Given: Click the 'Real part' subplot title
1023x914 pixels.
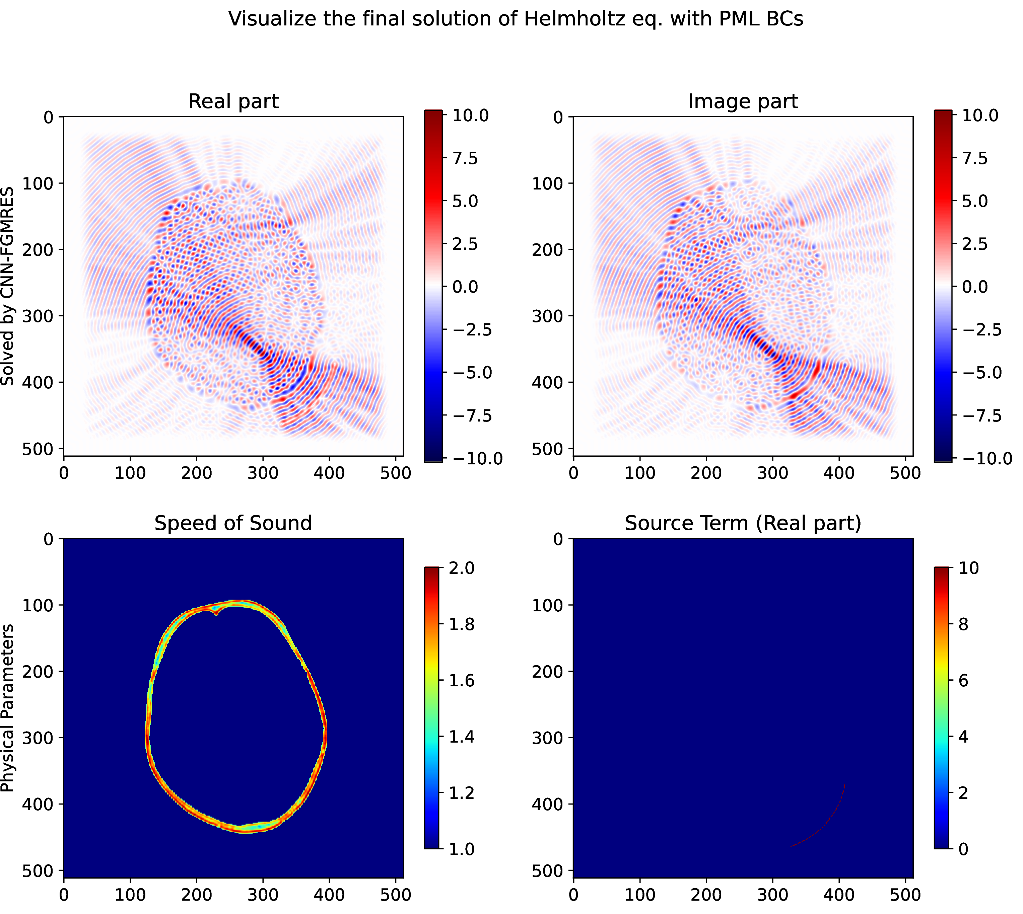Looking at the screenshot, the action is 233,101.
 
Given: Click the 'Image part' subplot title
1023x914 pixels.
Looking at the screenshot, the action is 743,101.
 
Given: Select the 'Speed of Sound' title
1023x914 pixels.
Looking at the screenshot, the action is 233,523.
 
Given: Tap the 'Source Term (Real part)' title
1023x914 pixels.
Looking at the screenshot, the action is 743,523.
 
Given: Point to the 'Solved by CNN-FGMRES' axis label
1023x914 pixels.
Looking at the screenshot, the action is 7,286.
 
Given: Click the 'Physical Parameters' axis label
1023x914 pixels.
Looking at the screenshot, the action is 7,708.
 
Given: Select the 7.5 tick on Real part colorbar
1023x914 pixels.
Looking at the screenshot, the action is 465,158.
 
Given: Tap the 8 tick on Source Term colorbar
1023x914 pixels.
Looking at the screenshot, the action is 963,624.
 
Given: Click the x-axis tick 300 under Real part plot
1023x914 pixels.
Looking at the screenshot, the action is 263,473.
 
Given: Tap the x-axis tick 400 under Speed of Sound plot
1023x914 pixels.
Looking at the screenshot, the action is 329,895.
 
